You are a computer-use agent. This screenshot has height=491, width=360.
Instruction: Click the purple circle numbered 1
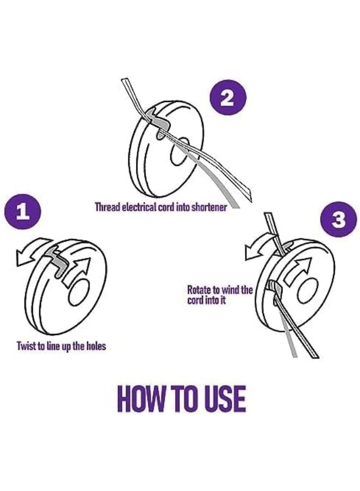tap(22, 212)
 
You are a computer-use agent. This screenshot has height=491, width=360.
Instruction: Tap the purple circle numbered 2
tap(227, 99)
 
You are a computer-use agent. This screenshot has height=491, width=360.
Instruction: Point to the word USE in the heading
tap(225, 399)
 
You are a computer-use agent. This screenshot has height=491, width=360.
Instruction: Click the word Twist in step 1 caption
tap(26, 346)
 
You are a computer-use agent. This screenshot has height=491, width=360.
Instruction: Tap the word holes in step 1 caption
tap(96, 346)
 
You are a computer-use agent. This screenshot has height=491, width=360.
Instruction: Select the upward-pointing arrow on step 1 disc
tap(77, 268)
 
